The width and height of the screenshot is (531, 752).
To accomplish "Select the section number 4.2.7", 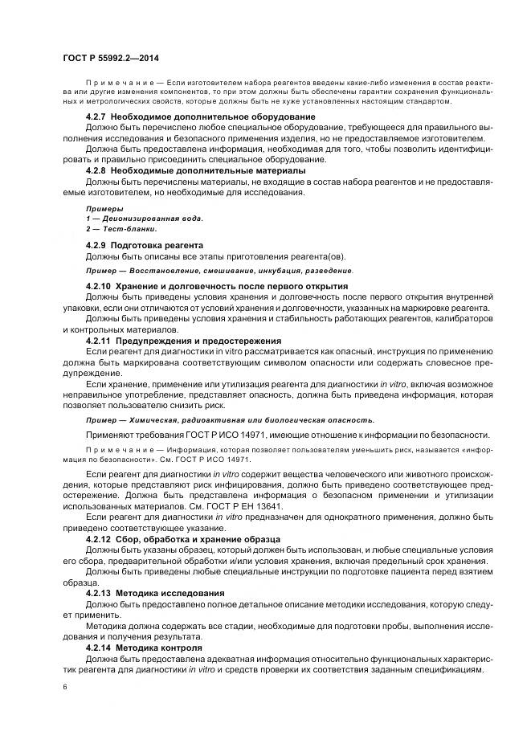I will coord(97,117).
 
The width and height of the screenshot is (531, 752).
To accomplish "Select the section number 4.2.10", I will coord(100,286).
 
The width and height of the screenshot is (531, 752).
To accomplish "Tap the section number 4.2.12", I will coord(100,538).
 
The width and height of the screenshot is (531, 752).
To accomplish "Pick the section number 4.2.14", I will coord(100,646).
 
